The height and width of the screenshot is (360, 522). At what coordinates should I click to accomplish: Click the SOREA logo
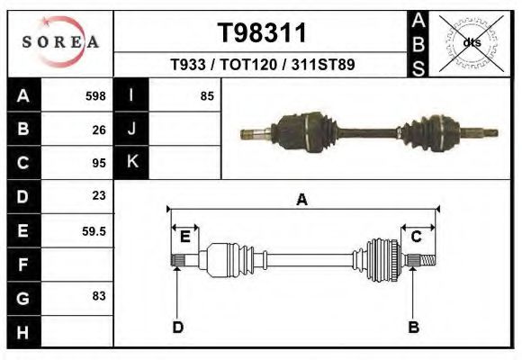point(60,41)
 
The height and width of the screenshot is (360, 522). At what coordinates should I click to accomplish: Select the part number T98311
point(263,33)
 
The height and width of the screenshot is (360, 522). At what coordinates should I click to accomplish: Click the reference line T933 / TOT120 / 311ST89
point(263,65)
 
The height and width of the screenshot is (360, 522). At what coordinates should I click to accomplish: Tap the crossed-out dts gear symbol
point(471,41)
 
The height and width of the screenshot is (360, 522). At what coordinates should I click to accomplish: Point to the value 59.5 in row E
point(94,230)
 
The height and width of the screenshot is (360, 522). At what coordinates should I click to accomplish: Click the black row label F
point(22,264)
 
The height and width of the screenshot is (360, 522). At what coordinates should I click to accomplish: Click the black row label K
point(131,163)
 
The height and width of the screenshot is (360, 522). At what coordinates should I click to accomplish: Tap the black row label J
point(131,129)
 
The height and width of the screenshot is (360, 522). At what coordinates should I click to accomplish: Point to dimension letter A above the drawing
point(302,200)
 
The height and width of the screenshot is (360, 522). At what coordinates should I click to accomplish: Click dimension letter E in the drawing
point(184,237)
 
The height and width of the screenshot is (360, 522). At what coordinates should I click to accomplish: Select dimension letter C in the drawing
point(417,237)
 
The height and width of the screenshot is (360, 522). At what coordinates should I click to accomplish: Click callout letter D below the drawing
point(178,327)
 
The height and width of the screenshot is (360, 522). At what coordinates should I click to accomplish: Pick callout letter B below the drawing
point(413,327)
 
